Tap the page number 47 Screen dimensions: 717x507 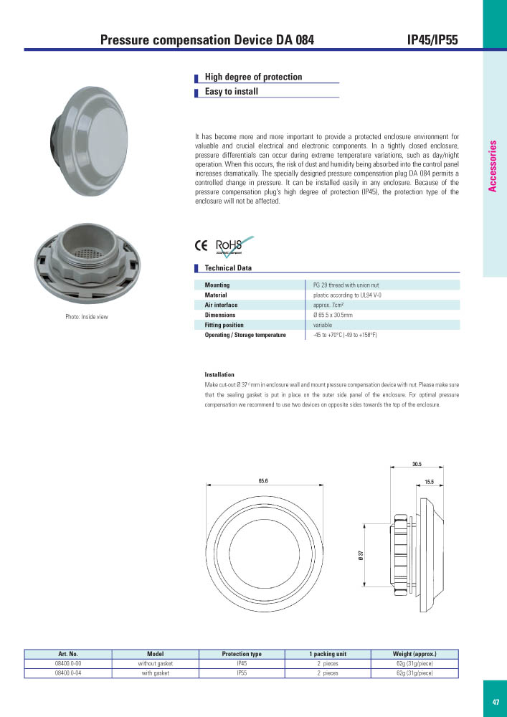click(496, 702)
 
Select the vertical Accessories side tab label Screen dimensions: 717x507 click(493, 166)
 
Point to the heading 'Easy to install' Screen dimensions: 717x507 click(231, 92)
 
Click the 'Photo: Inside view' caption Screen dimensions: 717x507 click(87, 316)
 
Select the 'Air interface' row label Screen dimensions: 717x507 click(222, 305)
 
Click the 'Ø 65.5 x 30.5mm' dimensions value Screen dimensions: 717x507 click(333, 315)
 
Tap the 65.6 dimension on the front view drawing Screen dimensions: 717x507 click(263, 480)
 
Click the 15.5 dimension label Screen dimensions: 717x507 click(429, 482)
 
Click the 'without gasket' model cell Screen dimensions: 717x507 click(156, 664)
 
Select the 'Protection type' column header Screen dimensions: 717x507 click(242, 654)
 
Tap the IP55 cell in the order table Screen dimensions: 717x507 click(242, 673)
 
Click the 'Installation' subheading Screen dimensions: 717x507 click(219, 374)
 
